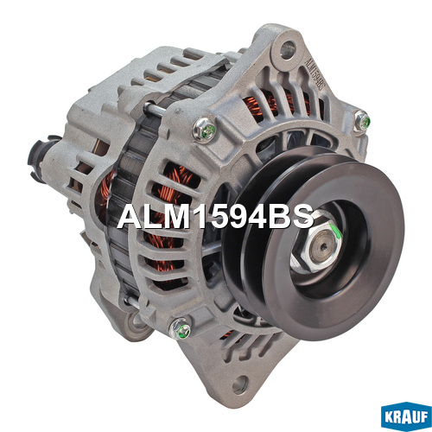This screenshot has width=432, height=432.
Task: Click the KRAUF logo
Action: coord(406,417)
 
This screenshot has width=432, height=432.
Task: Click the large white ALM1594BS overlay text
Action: coord(215,217)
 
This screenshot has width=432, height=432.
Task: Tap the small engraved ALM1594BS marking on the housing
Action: coord(314,73)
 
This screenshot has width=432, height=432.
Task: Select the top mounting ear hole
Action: coord(288,48)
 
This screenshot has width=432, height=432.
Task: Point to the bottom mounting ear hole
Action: coord(240,384)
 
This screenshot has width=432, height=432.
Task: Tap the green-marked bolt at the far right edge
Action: coord(361,120)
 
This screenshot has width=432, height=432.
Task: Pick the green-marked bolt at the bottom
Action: coord(181,329)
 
